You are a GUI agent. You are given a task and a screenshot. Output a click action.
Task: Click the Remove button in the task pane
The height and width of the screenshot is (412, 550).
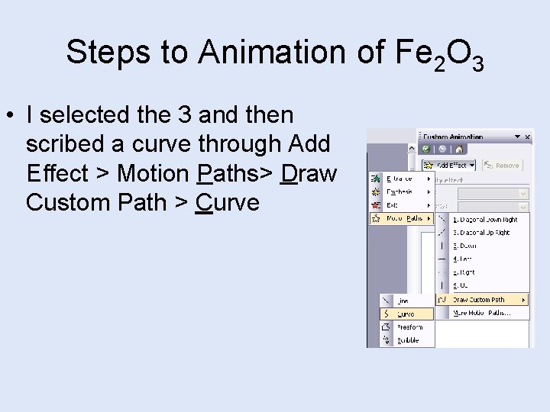click(502, 165)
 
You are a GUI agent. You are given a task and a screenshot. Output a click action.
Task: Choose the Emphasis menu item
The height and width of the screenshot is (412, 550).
click(400, 192)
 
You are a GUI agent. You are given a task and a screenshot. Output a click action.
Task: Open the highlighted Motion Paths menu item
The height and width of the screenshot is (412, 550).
click(402, 218)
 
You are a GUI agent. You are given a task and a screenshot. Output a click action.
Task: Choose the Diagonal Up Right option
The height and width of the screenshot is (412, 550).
click(481, 233)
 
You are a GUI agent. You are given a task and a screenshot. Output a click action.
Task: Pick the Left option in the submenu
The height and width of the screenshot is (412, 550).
click(463, 259)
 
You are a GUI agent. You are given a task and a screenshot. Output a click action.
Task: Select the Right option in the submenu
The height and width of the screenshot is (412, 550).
click(464, 272)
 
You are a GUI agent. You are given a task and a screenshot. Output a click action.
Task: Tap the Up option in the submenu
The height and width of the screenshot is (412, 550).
click(461, 285)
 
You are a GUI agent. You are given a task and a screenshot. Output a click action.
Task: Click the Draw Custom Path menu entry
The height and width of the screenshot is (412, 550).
click(479, 299)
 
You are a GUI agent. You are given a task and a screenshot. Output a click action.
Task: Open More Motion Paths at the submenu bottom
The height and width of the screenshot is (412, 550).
click(480, 313)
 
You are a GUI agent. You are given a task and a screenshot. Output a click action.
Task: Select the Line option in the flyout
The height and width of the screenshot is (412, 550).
click(403, 301)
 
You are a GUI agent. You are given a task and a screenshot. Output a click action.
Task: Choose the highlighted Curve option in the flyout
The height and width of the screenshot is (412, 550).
click(406, 314)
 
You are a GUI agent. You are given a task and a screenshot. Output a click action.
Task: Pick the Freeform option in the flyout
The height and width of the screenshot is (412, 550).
click(409, 327)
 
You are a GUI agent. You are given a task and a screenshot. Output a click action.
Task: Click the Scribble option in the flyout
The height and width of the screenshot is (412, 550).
click(408, 340)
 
